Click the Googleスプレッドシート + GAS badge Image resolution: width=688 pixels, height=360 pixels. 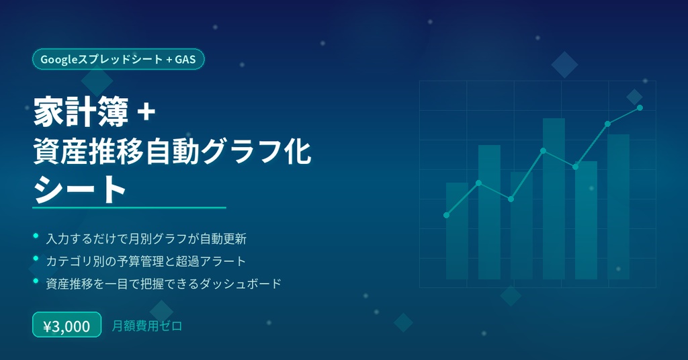(x=118, y=59)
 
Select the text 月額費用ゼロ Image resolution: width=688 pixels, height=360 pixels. (x=147, y=326)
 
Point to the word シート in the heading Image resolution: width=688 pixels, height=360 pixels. (x=80, y=189)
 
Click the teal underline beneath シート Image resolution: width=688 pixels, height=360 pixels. (x=130, y=208)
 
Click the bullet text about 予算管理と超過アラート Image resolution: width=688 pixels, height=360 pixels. (x=146, y=261)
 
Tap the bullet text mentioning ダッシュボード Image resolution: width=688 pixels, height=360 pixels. (x=163, y=283)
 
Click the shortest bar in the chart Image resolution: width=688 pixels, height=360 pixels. (x=457, y=231)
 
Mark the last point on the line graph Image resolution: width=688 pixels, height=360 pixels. (x=640, y=107)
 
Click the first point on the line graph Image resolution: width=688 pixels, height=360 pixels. (x=446, y=215)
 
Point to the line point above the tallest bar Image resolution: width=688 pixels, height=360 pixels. (x=543, y=150)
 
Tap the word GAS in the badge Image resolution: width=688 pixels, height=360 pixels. (x=185, y=59)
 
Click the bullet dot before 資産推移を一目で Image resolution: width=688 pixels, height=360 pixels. (x=35, y=282)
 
